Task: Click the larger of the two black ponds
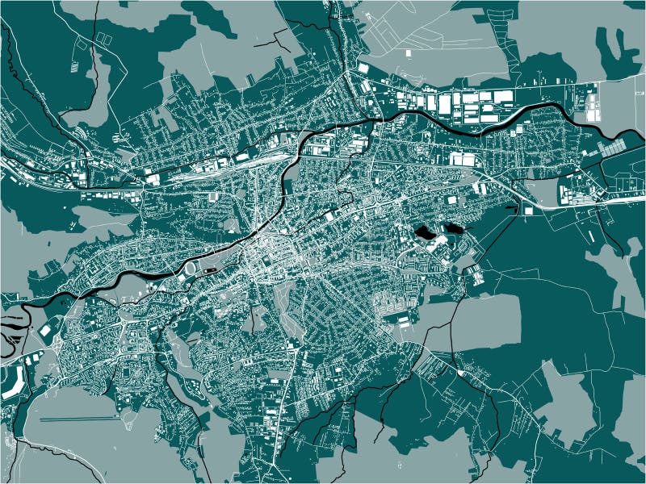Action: point(423,233)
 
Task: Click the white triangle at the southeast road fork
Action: point(460,373)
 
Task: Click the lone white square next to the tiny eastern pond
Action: point(527,211)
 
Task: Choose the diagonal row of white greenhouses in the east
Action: point(614,148)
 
